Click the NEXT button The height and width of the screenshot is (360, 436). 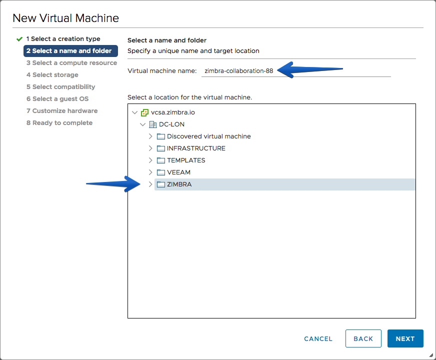tap(405, 338)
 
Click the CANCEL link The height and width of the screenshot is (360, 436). tap(318, 339)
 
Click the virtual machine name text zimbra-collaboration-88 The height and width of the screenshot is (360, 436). tap(239, 71)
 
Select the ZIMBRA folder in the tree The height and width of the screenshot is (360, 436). tap(179, 184)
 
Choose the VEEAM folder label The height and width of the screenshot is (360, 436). tap(178, 172)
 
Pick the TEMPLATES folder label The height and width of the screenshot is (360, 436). tap(186, 160)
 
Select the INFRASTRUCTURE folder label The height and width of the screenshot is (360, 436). tap(196, 148)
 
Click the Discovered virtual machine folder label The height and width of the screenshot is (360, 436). tap(209, 136)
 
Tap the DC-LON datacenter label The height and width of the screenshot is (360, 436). tap(171, 124)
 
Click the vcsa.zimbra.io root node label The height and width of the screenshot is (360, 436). tap(172, 112)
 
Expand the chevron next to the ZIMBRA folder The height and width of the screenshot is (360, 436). tap(150, 184)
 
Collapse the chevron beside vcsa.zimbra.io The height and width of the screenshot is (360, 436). tap(135, 112)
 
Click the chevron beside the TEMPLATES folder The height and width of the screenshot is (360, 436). tap(150, 160)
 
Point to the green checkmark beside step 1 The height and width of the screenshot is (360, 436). tap(19, 39)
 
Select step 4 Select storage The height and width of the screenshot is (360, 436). tap(52, 75)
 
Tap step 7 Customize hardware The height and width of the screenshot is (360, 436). tap(62, 111)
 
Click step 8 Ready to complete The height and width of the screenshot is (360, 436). tap(59, 123)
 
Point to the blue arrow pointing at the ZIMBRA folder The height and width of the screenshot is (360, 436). tap(113, 184)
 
